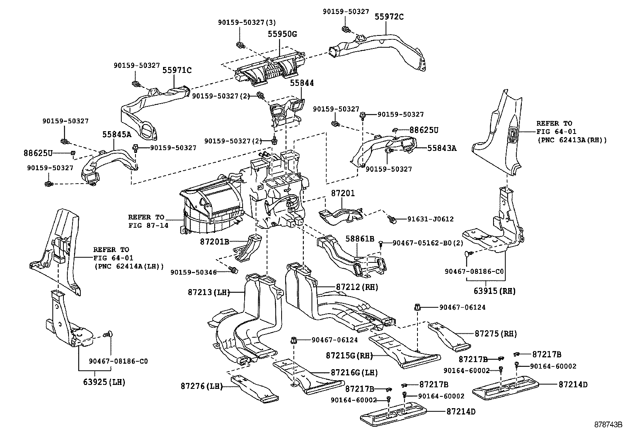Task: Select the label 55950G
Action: point(282,34)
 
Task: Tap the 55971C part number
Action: point(177,71)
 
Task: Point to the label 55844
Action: point(302,83)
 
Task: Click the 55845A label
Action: point(117,134)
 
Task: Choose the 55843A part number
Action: point(442,148)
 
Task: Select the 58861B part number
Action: point(360,239)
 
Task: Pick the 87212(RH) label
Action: point(357,287)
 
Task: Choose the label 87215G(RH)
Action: point(349,355)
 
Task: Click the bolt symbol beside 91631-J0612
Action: point(392,219)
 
